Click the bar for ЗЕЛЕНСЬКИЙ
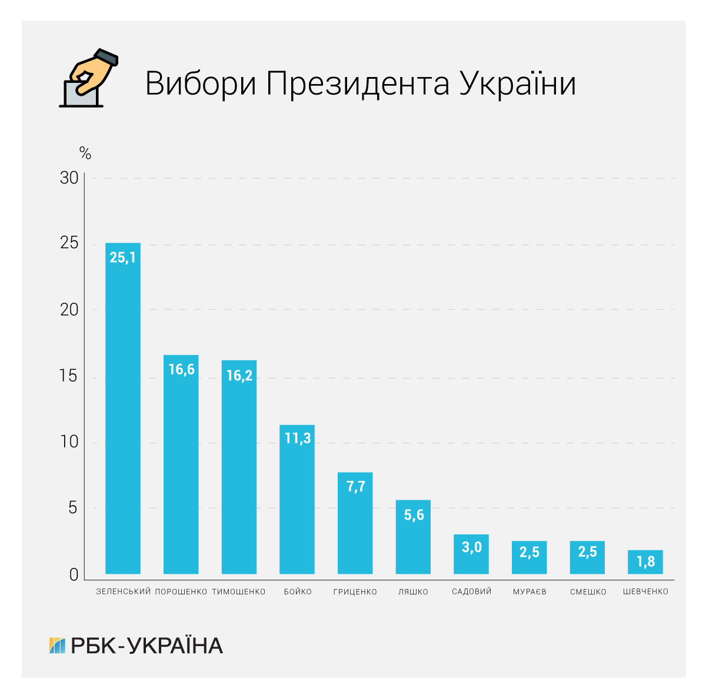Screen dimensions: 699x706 click(x=122, y=412)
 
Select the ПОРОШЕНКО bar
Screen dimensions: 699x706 click(x=181, y=470)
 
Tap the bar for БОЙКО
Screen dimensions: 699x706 click(x=297, y=506)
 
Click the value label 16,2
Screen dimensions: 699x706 click(x=239, y=376)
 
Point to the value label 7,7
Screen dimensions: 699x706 click(x=355, y=487)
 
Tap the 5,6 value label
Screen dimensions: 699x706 click(x=414, y=515)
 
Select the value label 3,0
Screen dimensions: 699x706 click(x=471, y=547)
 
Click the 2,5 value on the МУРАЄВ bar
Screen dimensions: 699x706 click(x=529, y=552)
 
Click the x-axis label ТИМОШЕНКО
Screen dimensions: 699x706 click(x=239, y=591)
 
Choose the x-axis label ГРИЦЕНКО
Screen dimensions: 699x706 click(x=355, y=591)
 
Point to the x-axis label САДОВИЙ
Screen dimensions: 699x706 click(x=471, y=591)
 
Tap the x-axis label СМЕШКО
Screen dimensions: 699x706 click(x=588, y=591)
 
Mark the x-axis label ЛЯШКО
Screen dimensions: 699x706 click(x=413, y=591)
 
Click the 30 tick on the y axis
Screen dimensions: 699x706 click(x=69, y=178)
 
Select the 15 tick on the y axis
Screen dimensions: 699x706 click(x=69, y=376)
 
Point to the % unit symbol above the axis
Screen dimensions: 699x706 click(x=85, y=154)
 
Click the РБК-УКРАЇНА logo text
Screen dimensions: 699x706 click(x=146, y=646)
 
